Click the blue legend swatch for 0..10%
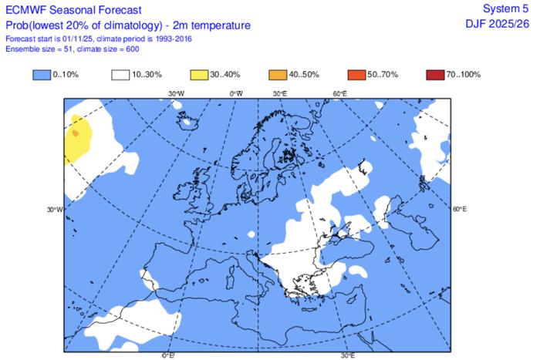click(42, 75)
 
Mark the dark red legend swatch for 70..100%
click(434, 75)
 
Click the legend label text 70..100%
click(465, 75)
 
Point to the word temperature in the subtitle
click(220, 25)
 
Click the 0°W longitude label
click(237, 93)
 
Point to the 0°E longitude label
click(167, 355)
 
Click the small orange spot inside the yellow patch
click(75, 133)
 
